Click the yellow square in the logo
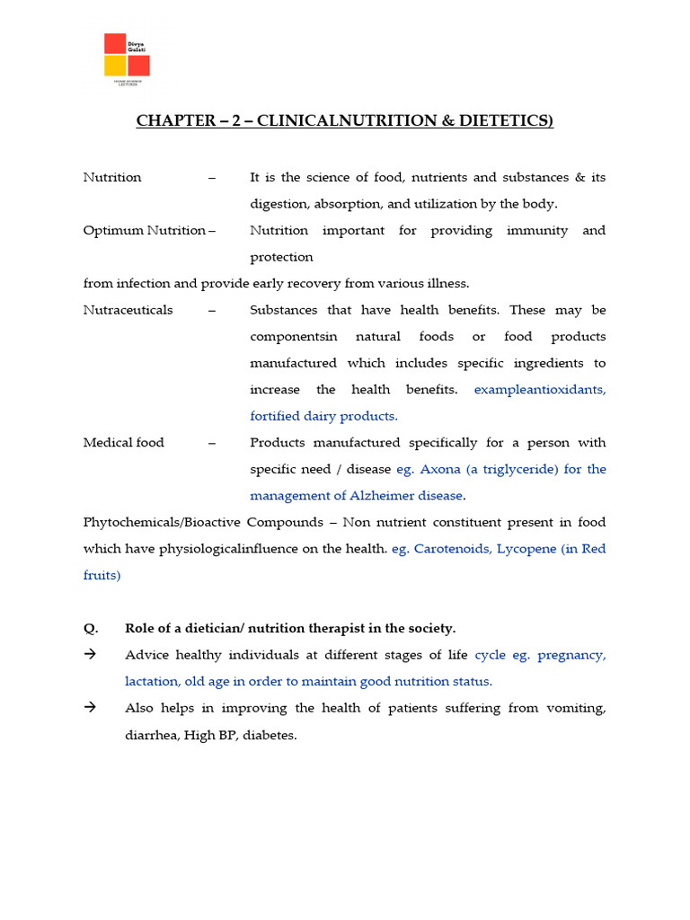point(115,66)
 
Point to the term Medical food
point(124,443)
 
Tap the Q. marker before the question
point(90,628)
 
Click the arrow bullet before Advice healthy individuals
point(90,655)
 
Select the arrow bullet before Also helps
point(90,708)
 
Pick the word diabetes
point(268,735)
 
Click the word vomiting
point(574,708)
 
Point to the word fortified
point(278,416)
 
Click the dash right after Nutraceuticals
point(212,310)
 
